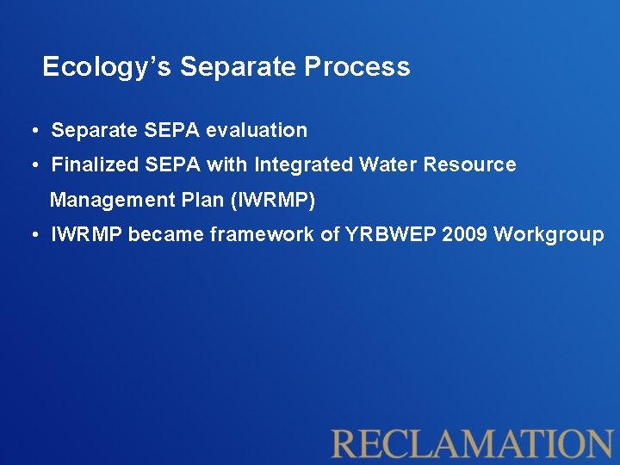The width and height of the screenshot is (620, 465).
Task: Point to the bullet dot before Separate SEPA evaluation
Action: [31, 131]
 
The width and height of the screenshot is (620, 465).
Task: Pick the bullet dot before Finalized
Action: [31, 164]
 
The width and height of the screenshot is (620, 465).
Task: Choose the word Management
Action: [109, 201]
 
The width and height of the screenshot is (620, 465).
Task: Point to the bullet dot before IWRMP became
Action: [31, 235]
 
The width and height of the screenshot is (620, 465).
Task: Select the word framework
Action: [257, 235]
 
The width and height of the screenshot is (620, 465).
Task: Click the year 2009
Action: [465, 235]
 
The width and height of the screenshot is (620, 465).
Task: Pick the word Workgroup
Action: [549, 235]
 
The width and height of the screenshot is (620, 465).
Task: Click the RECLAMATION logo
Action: [472, 443]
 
